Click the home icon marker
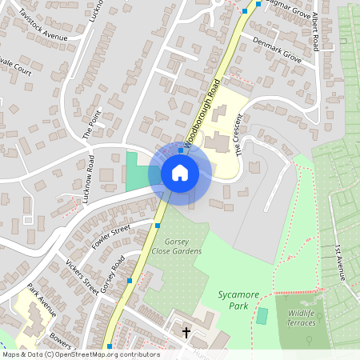(180, 172)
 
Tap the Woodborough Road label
(203, 113)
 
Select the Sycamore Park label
(238, 300)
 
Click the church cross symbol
(186, 331)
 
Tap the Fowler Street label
(110, 237)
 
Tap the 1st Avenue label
(339, 262)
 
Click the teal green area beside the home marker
(138, 170)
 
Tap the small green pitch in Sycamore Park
(262, 315)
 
